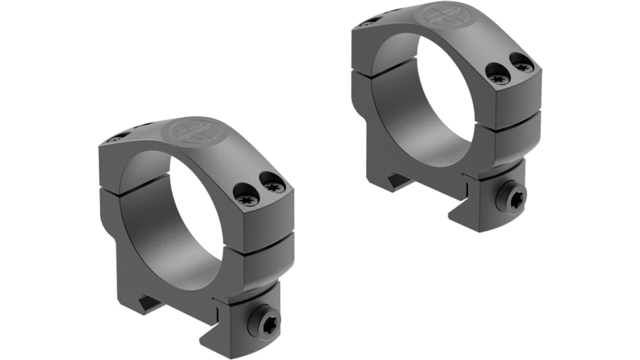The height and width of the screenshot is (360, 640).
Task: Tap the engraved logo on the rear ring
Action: [442, 15]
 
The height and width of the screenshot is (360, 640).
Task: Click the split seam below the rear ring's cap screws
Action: [516, 122]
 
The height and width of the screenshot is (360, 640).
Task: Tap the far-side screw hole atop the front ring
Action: [118, 138]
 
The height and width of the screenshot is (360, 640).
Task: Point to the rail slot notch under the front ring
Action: [149, 302]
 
